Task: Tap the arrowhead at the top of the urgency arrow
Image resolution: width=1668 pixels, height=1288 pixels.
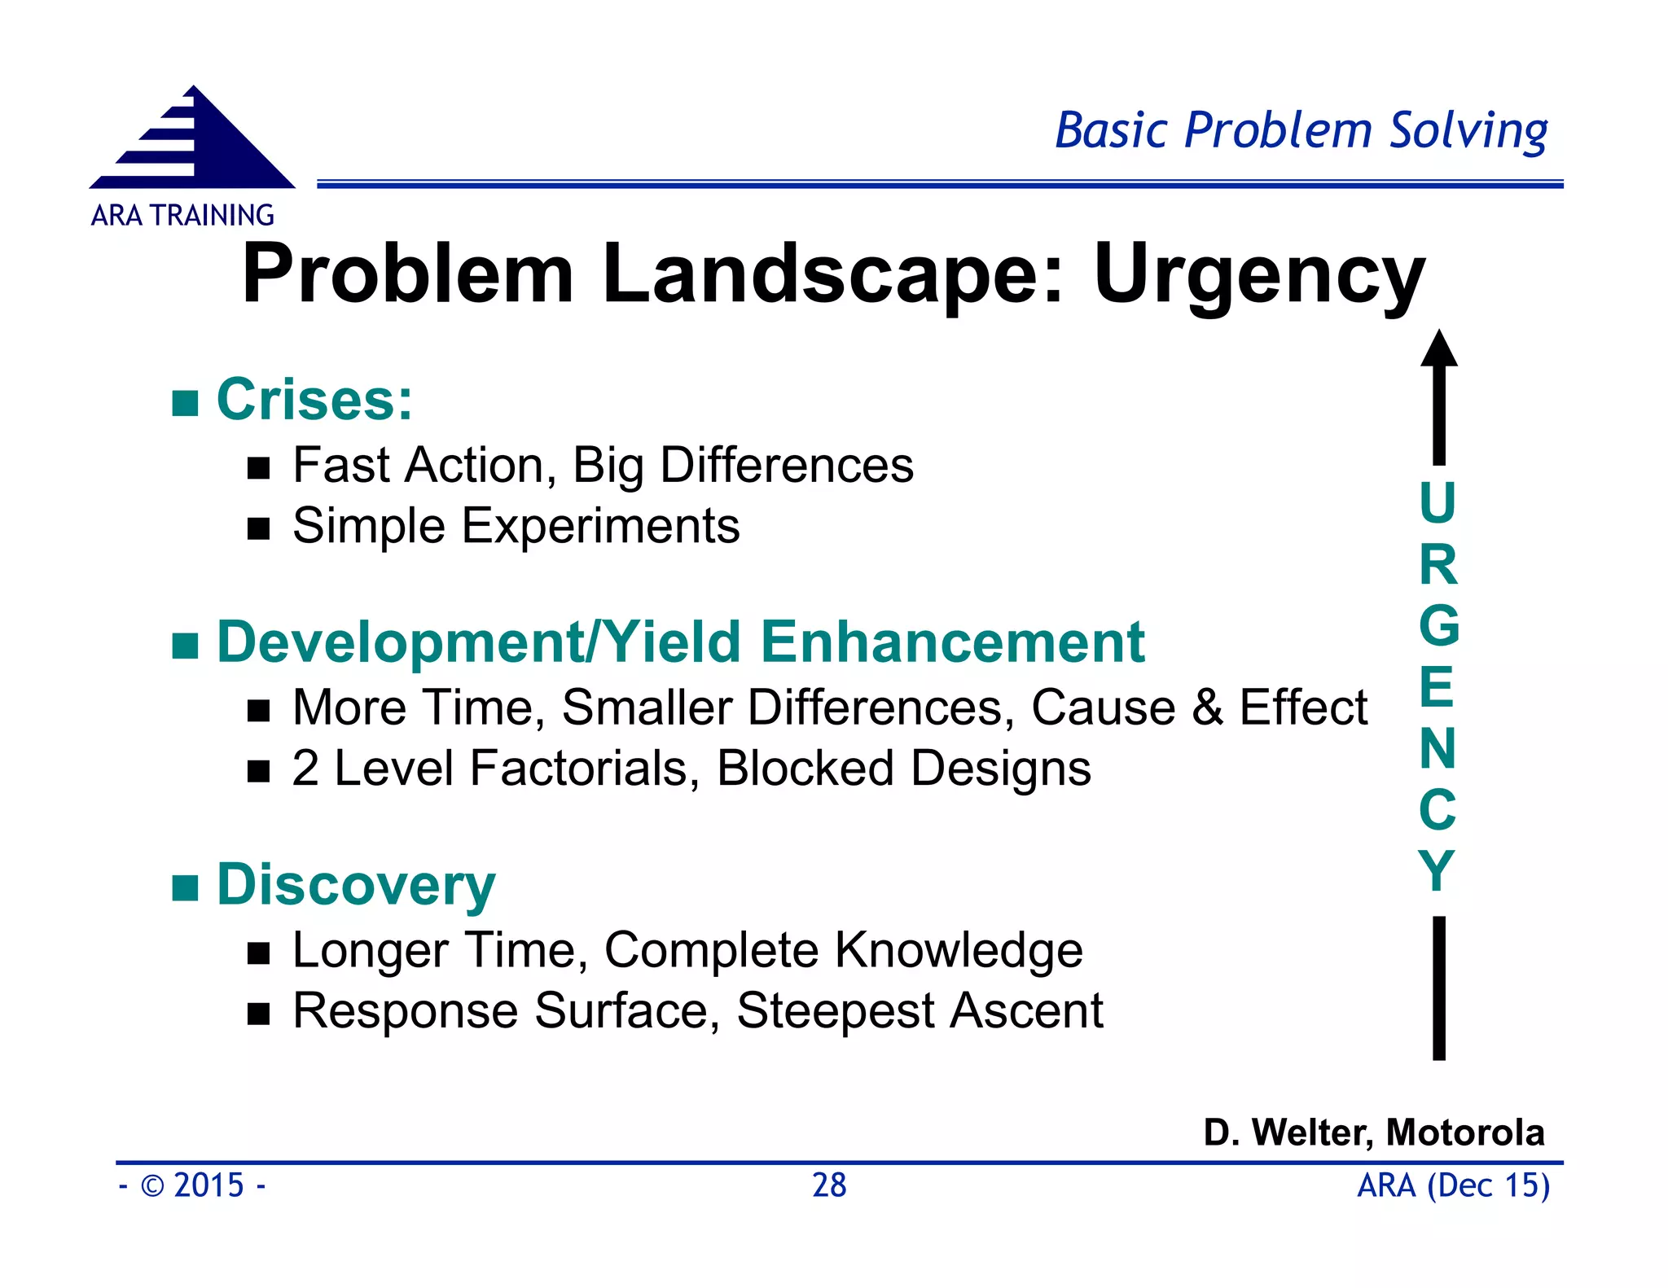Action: tap(1439, 350)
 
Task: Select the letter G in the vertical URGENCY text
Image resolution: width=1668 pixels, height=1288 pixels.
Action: tap(1438, 626)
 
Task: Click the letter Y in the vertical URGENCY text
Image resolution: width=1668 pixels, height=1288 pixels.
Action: tap(1437, 871)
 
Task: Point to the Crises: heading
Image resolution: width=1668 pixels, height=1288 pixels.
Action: tap(314, 400)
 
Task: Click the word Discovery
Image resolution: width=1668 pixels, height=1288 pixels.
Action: tap(356, 885)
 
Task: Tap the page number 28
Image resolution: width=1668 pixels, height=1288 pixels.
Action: tap(829, 1185)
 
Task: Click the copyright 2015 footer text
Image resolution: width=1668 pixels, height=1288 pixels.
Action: tap(192, 1185)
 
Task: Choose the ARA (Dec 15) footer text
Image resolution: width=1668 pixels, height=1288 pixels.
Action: tap(1453, 1185)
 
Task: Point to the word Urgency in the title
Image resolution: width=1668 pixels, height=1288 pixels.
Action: tap(1259, 275)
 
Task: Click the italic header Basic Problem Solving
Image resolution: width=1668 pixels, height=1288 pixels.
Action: tap(1301, 132)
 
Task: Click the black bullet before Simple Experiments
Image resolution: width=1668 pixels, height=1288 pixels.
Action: tap(258, 529)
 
